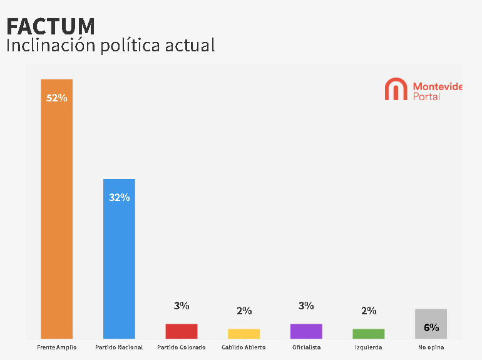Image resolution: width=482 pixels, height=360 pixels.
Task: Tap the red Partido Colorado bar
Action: [x=182, y=331]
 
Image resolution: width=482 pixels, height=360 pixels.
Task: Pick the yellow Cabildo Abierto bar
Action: [x=244, y=334]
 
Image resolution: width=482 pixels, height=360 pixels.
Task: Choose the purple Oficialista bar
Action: [x=306, y=331]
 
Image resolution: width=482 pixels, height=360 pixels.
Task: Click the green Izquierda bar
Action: [x=369, y=334]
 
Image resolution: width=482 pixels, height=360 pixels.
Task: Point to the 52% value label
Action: [x=56, y=98]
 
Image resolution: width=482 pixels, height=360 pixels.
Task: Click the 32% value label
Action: [x=119, y=197]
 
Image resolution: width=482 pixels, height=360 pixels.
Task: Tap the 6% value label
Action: [x=431, y=327]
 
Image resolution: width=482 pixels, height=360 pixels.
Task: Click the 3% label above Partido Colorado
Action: [x=182, y=306]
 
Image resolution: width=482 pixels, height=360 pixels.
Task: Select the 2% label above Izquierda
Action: [x=369, y=311]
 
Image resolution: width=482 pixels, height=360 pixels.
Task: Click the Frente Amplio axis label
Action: [x=56, y=347]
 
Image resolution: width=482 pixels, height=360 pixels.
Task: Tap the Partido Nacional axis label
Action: [x=119, y=347]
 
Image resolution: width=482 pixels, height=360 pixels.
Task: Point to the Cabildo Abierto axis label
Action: [x=244, y=347]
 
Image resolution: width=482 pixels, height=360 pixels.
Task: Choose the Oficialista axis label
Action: [x=306, y=347]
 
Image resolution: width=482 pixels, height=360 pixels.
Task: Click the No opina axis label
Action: [x=431, y=347]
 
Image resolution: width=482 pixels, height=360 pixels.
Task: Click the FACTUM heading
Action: [x=51, y=26]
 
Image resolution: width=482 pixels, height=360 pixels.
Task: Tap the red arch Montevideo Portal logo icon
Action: [x=396, y=89]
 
